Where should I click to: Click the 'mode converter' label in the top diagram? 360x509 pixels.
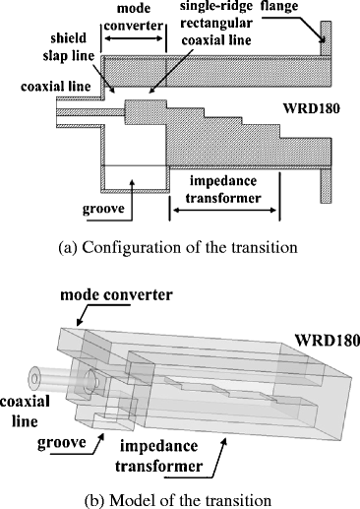(x=135, y=17)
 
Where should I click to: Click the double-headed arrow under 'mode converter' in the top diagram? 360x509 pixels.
(x=135, y=38)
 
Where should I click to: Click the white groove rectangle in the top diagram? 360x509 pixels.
(x=130, y=175)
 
